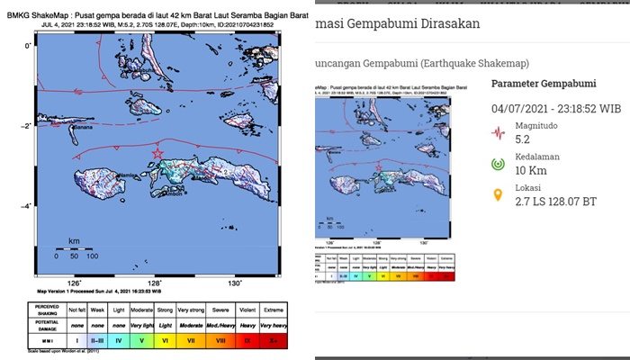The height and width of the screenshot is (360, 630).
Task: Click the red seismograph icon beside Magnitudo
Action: [x=497, y=133]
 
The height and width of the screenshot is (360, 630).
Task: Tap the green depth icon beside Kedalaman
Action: [x=497, y=165]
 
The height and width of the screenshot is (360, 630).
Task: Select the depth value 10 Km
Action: [x=532, y=172]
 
